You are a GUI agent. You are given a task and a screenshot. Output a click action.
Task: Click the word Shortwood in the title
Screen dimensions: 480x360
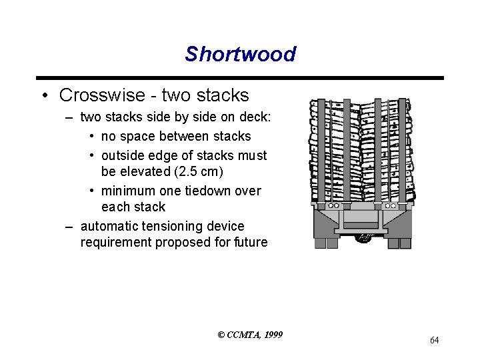tap(240, 53)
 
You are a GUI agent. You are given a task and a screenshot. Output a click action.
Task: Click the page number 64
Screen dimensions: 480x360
tap(434, 341)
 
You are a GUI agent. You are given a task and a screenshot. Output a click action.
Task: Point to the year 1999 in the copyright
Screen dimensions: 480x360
tap(273, 335)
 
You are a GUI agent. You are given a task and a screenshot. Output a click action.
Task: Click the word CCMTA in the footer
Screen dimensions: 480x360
tap(243, 335)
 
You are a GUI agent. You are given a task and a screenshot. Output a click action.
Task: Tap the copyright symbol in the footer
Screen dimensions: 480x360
tap(221, 335)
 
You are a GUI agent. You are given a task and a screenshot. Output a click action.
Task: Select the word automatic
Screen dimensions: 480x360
tap(110, 227)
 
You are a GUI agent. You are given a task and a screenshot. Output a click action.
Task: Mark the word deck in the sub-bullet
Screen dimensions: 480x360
tap(253, 117)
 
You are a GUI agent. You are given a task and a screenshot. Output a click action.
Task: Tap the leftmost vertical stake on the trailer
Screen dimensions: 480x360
tap(321, 153)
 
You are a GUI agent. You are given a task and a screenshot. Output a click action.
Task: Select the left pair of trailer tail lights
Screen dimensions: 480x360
tap(326, 240)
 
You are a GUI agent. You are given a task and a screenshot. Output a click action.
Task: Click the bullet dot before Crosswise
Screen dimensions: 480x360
tap(43, 96)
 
